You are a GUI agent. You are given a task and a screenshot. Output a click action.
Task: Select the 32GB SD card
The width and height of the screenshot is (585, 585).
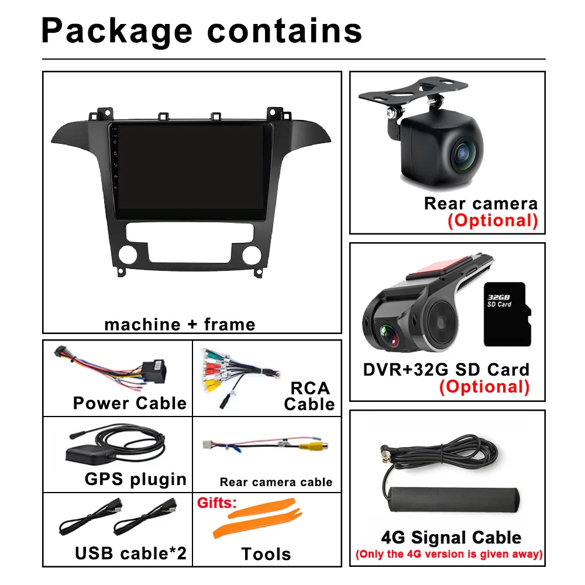(x=507, y=314)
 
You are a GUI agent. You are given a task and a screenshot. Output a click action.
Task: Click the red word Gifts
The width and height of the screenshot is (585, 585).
(x=216, y=503)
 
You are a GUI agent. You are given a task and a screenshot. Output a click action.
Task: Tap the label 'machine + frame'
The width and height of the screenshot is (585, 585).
(x=180, y=324)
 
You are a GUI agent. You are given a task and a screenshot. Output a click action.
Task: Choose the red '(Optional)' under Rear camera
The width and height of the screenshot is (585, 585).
(x=493, y=221)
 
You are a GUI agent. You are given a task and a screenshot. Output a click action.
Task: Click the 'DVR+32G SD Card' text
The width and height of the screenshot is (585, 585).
(x=446, y=370)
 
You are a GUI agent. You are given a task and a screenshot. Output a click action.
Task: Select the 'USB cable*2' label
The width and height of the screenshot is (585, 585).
(x=130, y=553)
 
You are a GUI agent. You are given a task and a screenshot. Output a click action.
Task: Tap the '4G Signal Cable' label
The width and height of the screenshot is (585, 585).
(x=450, y=538)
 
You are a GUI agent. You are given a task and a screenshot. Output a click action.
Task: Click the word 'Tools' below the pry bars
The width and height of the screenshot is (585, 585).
(x=266, y=553)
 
